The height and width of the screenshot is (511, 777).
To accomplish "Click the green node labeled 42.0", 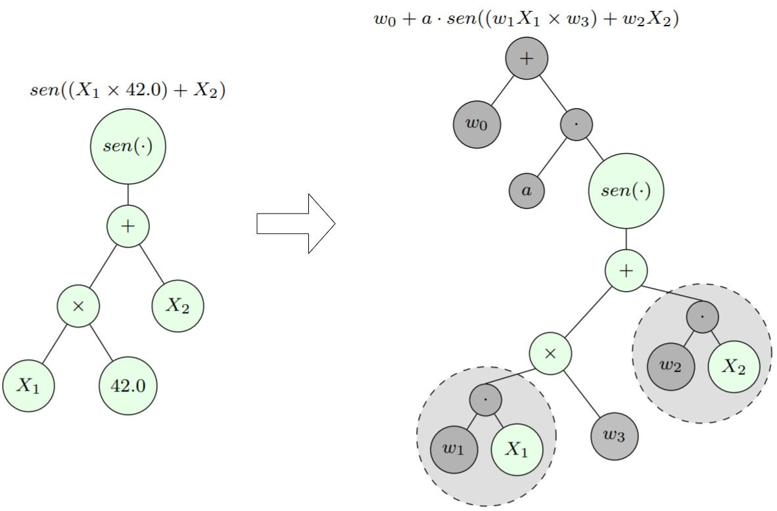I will click(x=128, y=386).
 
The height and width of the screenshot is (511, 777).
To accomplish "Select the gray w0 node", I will click(x=477, y=124).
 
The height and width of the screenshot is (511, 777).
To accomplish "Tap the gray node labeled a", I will click(x=526, y=191).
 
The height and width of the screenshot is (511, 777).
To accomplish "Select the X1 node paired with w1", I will click(x=517, y=450).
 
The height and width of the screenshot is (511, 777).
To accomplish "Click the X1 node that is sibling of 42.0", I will click(x=28, y=386).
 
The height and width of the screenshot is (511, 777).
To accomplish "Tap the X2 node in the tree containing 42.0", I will click(x=177, y=306).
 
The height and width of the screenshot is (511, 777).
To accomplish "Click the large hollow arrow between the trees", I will click(x=296, y=224).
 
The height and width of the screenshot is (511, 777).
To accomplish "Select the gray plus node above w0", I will click(x=526, y=58).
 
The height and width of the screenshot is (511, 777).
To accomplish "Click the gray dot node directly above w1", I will click(x=486, y=400).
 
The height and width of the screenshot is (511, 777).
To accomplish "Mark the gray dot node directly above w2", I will click(x=702, y=317).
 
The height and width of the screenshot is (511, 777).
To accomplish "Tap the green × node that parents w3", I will click(x=551, y=353).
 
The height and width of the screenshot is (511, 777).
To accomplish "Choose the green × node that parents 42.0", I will click(x=78, y=306).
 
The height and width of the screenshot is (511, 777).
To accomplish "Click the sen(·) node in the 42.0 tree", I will click(x=128, y=146).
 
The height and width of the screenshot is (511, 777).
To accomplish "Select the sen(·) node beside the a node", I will click(x=626, y=191).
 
